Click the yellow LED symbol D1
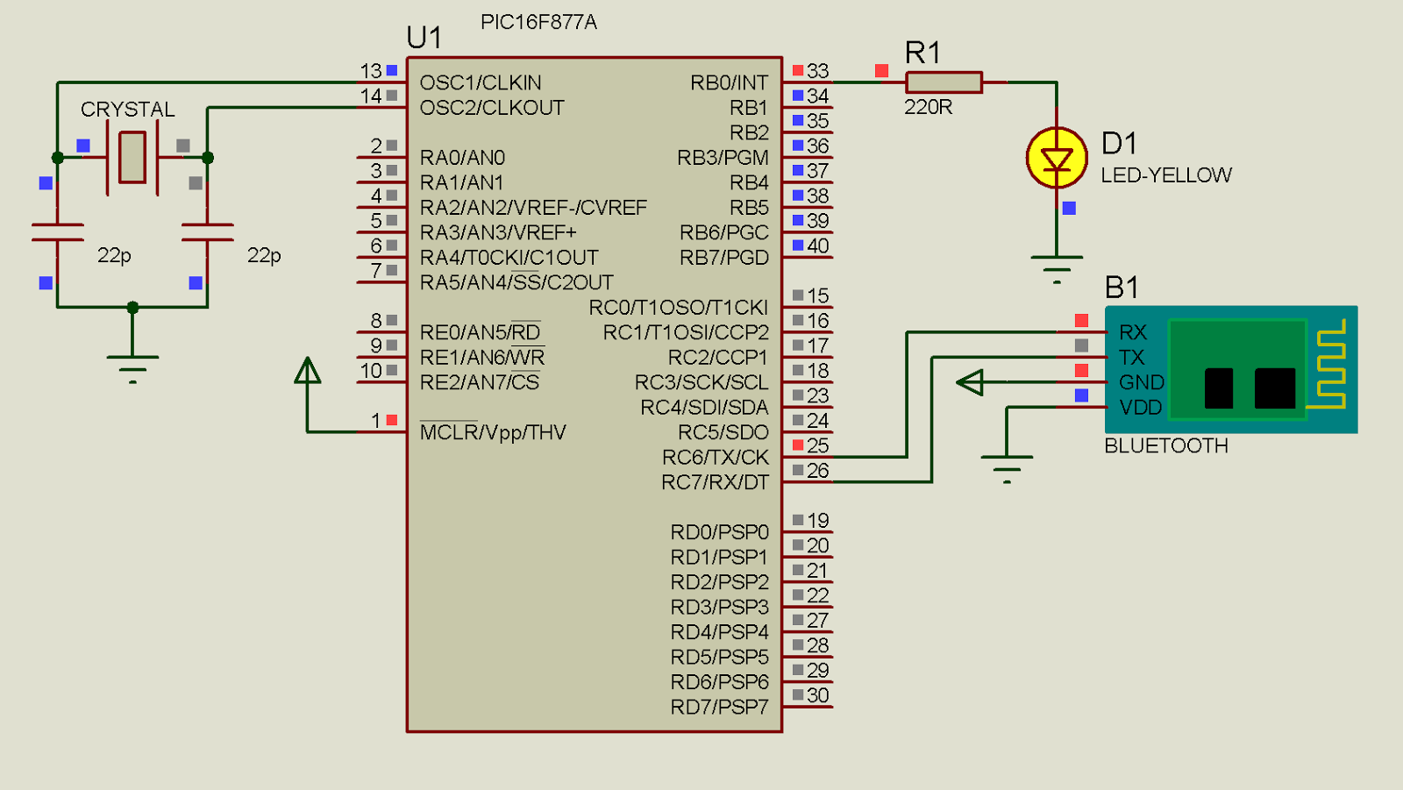[1057, 159]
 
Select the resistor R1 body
[944, 82]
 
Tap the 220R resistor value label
[928, 107]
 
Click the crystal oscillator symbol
[132, 158]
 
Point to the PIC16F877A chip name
[538, 22]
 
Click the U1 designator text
[424, 38]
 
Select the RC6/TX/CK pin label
[715, 458]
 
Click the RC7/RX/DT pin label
[715, 482]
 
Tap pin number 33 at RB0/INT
[817, 71]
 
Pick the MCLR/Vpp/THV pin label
[493, 432]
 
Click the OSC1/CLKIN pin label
[481, 82]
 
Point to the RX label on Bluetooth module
[1133, 332]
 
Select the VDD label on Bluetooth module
[1140, 408]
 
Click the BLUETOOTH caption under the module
[1166, 445]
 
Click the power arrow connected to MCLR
[307, 372]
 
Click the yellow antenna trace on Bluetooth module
[1330, 364]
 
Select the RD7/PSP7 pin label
[719, 707]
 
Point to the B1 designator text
[1122, 288]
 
